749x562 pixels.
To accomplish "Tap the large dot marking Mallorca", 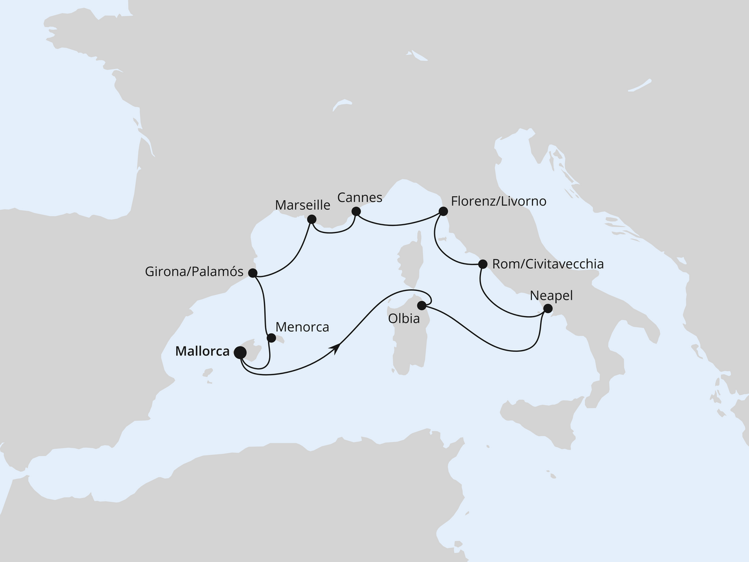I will pos(240,352).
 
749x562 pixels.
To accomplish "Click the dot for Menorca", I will pos(271,338).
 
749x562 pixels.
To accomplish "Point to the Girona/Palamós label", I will pos(194,272).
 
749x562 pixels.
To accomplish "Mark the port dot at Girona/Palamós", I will pos(252,273).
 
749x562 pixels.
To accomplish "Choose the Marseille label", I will pos(303,205).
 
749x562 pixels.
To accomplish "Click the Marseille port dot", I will pos(311,220).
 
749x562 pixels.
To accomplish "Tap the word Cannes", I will pos(360,198).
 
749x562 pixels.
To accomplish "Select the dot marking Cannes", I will pos(355,211).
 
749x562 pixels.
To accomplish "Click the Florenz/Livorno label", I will pos(499,201).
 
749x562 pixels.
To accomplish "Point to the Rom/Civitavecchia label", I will pos(548,264).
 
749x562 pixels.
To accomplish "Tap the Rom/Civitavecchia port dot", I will pos(483,264).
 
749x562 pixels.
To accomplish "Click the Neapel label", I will pos(551,296).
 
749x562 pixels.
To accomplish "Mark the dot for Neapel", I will pos(548,308).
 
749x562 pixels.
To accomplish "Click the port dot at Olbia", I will pos(421,305).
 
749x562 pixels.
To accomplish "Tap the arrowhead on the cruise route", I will pos(336,348).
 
